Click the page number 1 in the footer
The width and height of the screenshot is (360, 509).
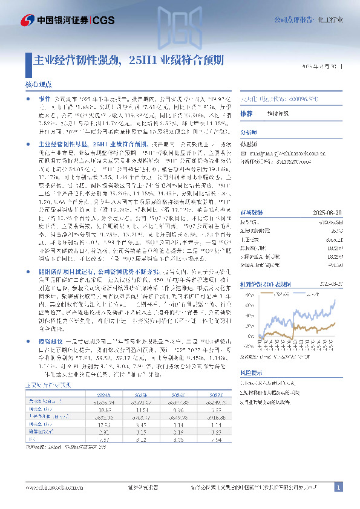(x=338, y=487)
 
